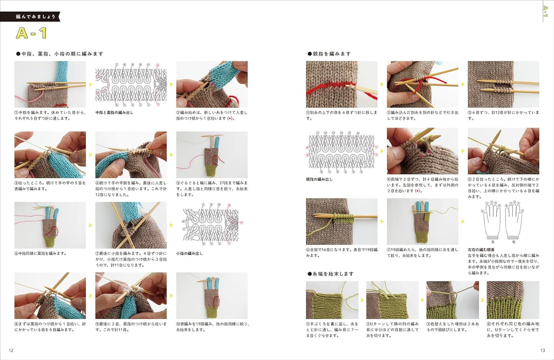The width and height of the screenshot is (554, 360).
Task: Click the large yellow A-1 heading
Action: coord(32,33)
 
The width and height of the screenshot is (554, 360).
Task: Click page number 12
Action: coord(11,350)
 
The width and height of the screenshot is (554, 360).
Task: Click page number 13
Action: coord(543,350)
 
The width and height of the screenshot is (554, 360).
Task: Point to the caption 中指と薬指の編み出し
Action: coord(114,113)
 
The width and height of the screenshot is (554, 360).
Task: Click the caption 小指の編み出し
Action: coord(189,254)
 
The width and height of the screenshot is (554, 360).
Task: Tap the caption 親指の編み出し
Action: coord(319,180)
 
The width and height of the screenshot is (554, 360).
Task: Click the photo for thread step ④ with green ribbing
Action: coord(513,300)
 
